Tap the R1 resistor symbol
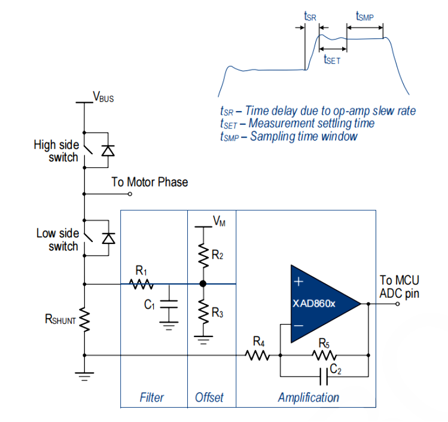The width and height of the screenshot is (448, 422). coord(142,284)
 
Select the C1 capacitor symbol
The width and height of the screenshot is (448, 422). coord(170,305)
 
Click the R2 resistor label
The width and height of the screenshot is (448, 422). coord(218,255)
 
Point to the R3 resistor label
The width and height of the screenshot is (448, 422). coord(218,313)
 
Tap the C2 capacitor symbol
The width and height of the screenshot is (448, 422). coord(325,377)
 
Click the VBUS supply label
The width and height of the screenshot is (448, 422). coord(103,96)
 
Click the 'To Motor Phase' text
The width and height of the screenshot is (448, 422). coord(150,182)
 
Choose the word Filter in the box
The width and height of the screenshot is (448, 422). coord(152,397)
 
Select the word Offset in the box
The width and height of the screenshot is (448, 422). coord(209,397)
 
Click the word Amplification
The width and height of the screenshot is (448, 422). coord(308,397)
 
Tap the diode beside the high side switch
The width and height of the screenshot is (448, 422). coord(108,150)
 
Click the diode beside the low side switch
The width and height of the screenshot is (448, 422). coord(108,238)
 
